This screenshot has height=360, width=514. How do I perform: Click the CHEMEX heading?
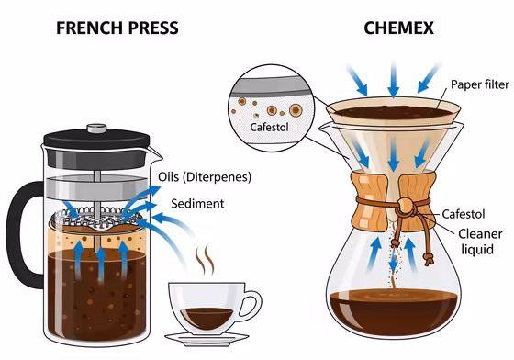[392, 28]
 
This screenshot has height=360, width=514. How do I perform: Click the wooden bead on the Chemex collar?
[401, 204]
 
